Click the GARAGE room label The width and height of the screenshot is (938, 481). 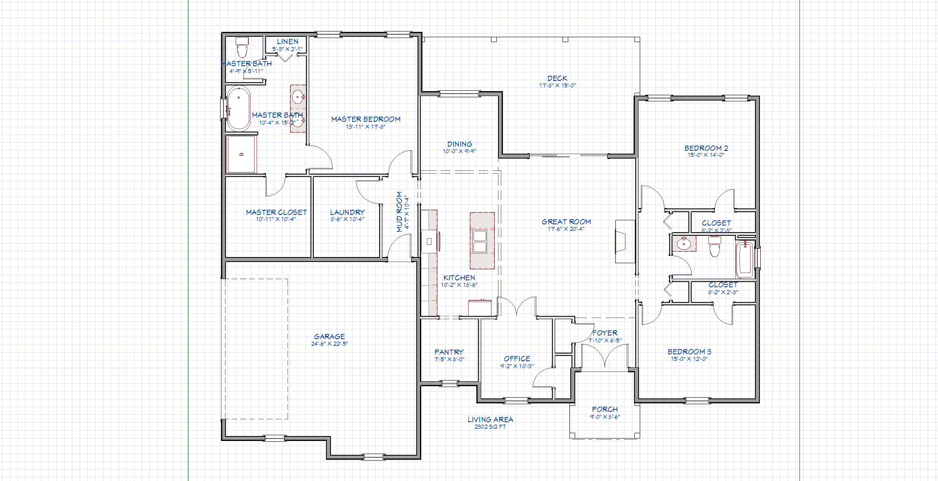(x=329, y=336)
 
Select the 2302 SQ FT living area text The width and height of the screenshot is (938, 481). (x=490, y=427)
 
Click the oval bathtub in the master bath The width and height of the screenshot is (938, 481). (x=239, y=108)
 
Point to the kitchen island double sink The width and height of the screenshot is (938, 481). (x=480, y=241)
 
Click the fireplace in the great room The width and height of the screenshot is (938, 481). (x=621, y=242)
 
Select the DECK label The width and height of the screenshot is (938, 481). (x=557, y=78)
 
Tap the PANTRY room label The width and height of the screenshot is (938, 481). (x=449, y=352)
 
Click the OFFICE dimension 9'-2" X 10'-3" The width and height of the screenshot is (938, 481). (x=517, y=366)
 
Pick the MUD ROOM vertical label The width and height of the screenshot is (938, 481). (x=400, y=212)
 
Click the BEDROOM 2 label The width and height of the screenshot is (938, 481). (x=706, y=148)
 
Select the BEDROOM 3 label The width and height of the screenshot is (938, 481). (x=689, y=351)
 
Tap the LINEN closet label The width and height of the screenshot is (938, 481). (x=287, y=41)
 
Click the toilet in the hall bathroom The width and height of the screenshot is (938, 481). (x=714, y=246)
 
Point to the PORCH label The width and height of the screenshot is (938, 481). (x=605, y=409)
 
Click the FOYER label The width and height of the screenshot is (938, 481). (x=605, y=333)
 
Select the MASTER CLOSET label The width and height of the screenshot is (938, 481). (x=276, y=212)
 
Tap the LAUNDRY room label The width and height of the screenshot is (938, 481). (x=347, y=212)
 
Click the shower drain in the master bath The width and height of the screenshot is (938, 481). (x=241, y=154)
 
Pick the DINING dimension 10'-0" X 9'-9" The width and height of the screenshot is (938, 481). (x=459, y=151)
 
